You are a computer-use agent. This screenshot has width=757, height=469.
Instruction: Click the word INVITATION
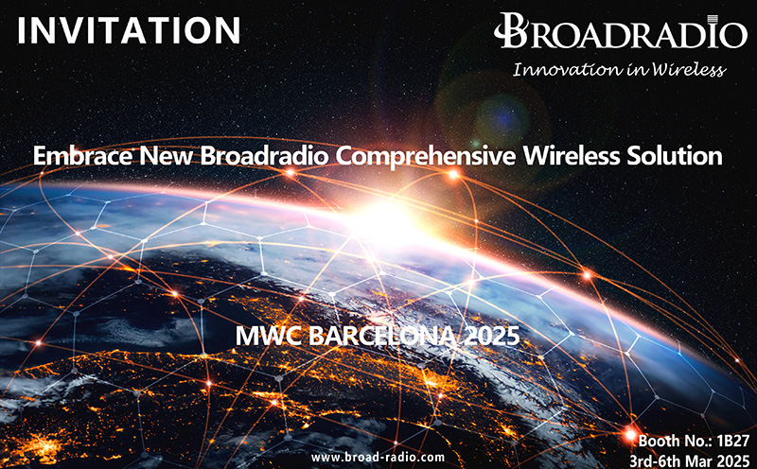pyautogui.click(x=129, y=29)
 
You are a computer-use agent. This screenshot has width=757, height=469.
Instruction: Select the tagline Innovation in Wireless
pyautogui.click(x=619, y=68)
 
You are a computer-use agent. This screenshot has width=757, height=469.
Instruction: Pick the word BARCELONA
pyautogui.click(x=386, y=335)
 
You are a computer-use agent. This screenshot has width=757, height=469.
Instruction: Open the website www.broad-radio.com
pyautogui.click(x=378, y=457)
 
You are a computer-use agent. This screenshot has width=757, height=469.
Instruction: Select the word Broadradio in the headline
pyautogui.click(x=254, y=155)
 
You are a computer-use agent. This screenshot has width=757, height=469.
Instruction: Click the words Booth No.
pyautogui.click(x=670, y=441)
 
